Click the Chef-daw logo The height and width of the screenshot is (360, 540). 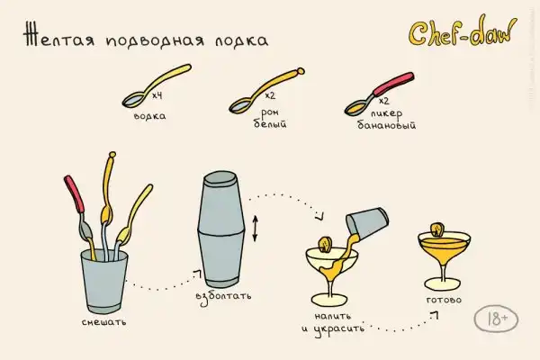(x=463, y=31)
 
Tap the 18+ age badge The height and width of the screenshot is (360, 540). (x=496, y=319)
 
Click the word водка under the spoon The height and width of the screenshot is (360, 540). (x=149, y=116)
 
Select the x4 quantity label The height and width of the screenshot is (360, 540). (x=157, y=94)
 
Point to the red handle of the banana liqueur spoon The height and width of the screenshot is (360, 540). (x=393, y=84)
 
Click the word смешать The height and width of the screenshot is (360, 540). (x=104, y=322)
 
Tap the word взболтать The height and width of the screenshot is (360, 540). (x=223, y=297)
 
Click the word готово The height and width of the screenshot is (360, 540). (x=444, y=300)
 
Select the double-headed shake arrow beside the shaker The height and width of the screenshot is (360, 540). (x=255, y=229)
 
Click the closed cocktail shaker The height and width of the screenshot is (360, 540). (x=220, y=229)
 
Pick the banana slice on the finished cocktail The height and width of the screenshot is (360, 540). (x=437, y=229)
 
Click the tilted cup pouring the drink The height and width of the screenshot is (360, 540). (x=367, y=222)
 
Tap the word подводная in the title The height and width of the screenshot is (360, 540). (x=155, y=40)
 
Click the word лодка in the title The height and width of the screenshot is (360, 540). (x=242, y=40)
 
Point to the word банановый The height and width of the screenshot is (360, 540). (x=386, y=124)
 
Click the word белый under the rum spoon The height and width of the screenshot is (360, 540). (x=270, y=123)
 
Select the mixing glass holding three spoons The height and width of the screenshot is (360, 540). (x=104, y=281)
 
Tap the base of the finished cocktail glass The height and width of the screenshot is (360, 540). (x=443, y=285)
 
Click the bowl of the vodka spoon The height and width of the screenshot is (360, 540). (x=134, y=100)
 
